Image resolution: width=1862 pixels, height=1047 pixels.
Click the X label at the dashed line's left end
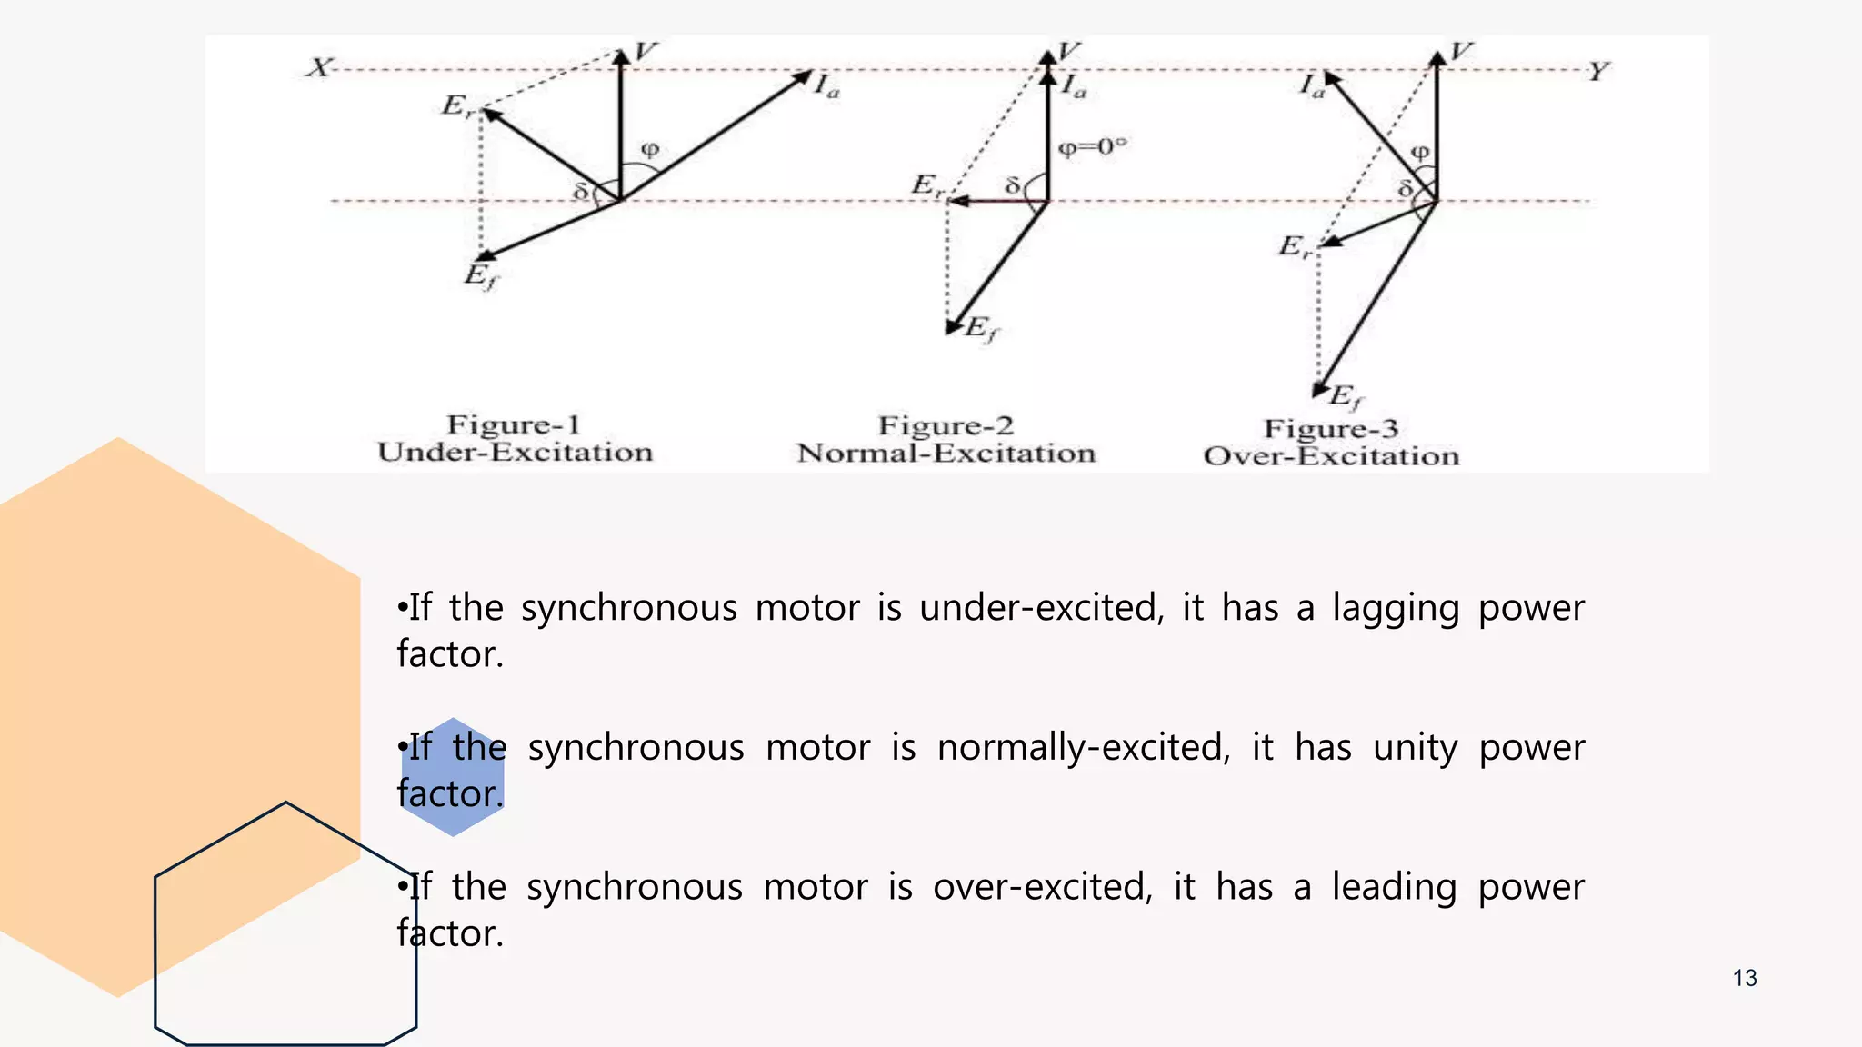[x=318, y=68]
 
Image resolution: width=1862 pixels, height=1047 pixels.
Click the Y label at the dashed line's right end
[x=1598, y=72]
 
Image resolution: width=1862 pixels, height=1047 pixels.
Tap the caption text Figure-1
[x=513, y=424]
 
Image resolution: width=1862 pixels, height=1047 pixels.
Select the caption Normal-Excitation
[x=946, y=453]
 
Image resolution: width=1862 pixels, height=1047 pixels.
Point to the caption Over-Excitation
[x=1331, y=455]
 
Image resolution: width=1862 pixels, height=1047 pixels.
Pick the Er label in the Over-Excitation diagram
[x=1295, y=246]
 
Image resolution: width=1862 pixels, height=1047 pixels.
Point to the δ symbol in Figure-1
[x=581, y=192]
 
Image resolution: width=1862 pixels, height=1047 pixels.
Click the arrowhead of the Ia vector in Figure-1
[x=803, y=76]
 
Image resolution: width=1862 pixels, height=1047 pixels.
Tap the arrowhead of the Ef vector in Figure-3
[x=1320, y=391]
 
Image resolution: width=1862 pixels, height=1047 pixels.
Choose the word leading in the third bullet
[x=1394, y=888]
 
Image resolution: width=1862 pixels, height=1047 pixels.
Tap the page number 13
[x=1744, y=978]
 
